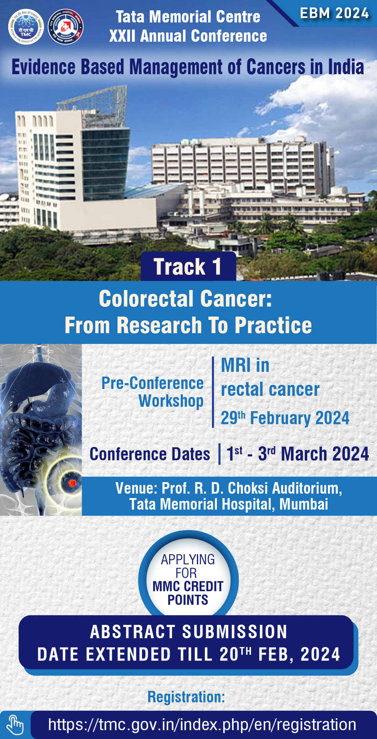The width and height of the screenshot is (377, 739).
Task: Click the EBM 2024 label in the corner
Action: [x=334, y=13]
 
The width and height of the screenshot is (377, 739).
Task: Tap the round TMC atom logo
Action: [x=26, y=27]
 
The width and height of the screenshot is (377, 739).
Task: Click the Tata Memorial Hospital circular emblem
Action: [x=65, y=27]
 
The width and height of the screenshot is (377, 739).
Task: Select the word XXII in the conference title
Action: [x=123, y=36]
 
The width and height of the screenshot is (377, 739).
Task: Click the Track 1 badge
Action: [x=188, y=266]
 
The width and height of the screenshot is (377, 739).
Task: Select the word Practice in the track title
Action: [x=273, y=325]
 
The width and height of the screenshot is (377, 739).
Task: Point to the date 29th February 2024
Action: [x=285, y=418]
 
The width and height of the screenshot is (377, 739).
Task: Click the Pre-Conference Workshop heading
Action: [x=153, y=392]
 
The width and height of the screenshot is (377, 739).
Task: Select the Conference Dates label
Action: [x=150, y=454]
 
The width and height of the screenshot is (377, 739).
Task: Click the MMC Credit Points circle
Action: [x=188, y=580]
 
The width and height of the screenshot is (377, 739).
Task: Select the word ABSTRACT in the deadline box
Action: [x=133, y=632]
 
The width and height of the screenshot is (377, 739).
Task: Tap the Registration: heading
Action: [x=186, y=697]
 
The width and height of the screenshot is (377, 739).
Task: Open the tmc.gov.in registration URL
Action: [x=202, y=725]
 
